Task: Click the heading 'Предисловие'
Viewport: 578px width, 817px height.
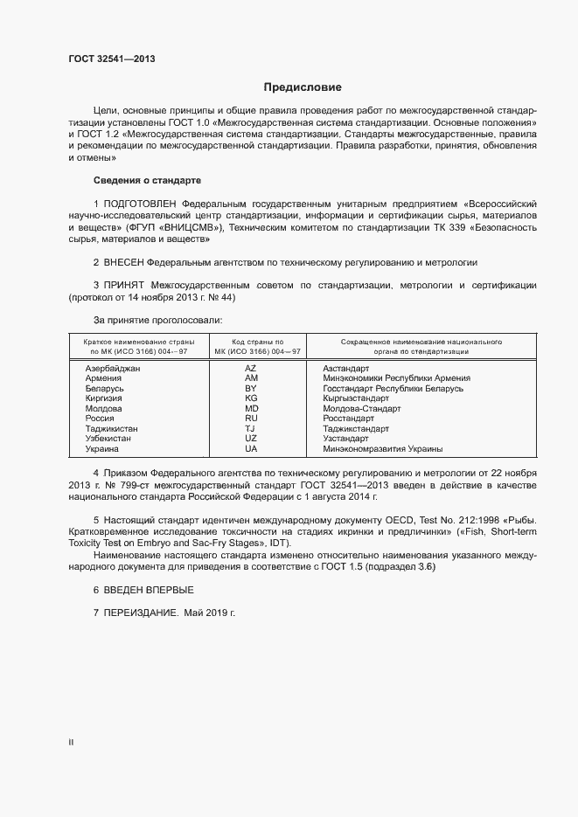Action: (303, 87)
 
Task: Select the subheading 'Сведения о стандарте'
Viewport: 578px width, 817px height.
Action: (147, 180)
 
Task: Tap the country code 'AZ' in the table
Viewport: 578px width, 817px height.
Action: (251, 369)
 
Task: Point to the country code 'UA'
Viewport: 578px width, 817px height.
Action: (251, 449)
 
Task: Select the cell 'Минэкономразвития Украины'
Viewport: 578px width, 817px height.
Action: (382, 449)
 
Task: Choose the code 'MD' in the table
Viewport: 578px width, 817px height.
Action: (251, 409)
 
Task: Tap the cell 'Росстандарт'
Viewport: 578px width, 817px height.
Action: (348, 419)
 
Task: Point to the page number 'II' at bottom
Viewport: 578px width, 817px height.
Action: (71, 743)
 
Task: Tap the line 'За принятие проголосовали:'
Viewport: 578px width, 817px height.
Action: (150, 321)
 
